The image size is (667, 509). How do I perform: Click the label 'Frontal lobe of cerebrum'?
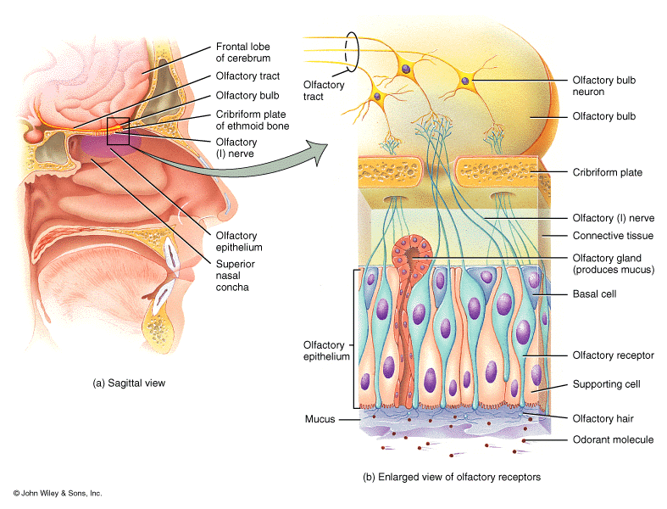[x=242, y=53]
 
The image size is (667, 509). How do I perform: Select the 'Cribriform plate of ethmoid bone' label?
[x=252, y=120]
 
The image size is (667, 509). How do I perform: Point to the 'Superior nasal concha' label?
[x=235, y=275]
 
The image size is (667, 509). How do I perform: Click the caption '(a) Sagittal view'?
[x=129, y=383]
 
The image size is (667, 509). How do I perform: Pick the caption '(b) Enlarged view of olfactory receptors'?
[x=452, y=477]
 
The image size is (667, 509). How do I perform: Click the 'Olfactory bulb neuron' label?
[x=604, y=86]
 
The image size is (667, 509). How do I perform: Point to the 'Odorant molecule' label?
[x=613, y=439]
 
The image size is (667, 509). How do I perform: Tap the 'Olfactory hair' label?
[x=603, y=418]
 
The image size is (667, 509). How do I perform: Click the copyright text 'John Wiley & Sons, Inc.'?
[x=57, y=492]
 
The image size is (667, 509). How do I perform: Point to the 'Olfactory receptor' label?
[x=613, y=355]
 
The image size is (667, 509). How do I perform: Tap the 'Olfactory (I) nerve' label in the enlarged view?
[x=613, y=218]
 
